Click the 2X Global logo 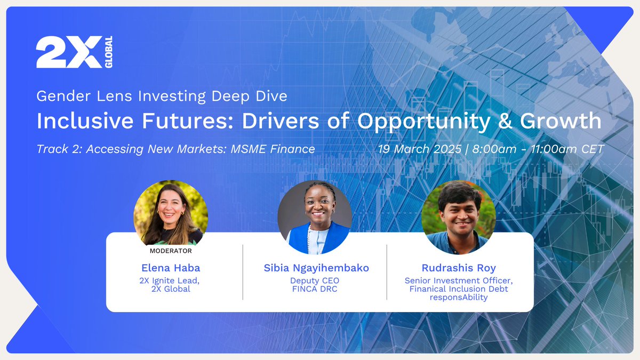(74, 52)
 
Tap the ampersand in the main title (500, 121)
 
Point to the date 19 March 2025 (419, 149)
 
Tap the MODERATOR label (171, 251)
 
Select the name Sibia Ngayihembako (316, 268)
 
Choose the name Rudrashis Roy (459, 268)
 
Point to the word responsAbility (459, 298)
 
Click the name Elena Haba (171, 268)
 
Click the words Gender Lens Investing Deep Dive (162, 97)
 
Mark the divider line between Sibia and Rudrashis (387, 272)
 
